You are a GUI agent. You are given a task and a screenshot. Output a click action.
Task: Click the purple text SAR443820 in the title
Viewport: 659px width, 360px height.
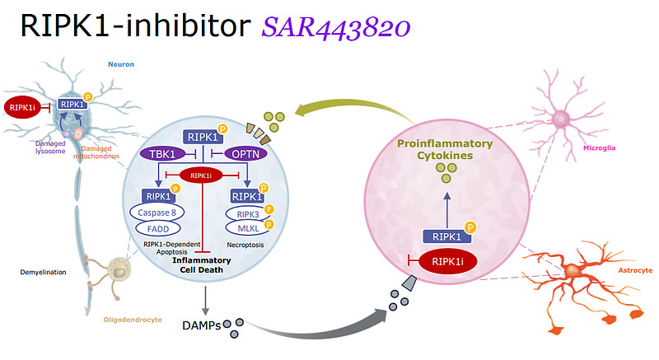[x=336, y=28]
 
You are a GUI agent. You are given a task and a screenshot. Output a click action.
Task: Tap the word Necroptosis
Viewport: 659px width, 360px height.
[x=245, y=245]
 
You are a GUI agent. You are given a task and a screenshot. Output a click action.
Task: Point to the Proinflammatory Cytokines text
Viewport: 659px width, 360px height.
[x=445, y=149]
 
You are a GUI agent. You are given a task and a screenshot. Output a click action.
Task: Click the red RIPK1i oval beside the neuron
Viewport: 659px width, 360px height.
[x=22, y=106]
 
